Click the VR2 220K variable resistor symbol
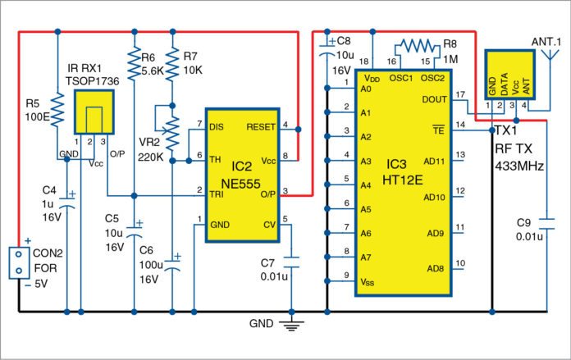click(x=172, y=127)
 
